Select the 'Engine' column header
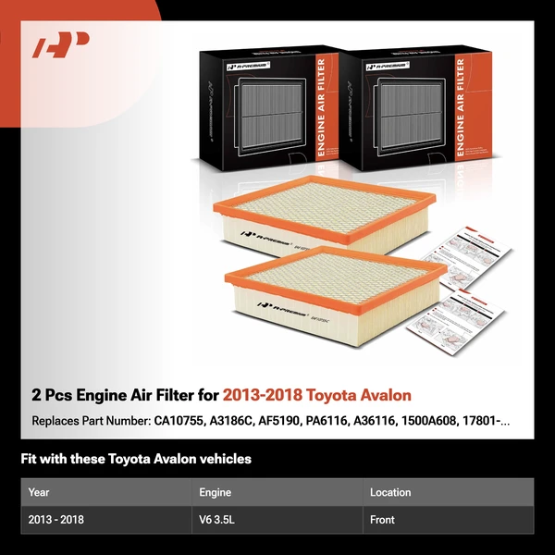216,492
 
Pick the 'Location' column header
390,492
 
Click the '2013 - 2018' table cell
56,520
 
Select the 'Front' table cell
383,520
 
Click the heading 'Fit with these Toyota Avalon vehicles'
136,459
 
